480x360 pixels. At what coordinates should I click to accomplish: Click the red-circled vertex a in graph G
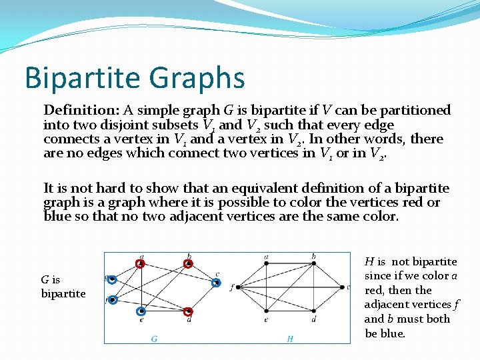140,263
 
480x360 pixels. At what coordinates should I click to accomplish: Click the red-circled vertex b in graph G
189,263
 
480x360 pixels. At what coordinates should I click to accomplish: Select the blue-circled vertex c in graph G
216,283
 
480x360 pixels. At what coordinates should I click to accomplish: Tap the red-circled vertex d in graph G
188,311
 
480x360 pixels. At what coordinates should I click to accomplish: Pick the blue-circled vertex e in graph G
141,311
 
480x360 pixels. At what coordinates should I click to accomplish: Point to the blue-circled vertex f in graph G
113,300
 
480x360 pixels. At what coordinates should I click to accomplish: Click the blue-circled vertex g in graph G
113,280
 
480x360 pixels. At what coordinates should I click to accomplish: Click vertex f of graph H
238,287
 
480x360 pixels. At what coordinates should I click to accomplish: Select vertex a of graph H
267,263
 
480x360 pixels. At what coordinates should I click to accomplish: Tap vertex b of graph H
314,263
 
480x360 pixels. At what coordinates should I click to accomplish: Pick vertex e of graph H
267,311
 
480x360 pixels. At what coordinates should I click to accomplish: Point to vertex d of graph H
314,311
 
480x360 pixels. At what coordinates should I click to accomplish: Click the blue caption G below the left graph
154,339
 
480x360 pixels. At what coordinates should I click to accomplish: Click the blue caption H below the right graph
290,339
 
